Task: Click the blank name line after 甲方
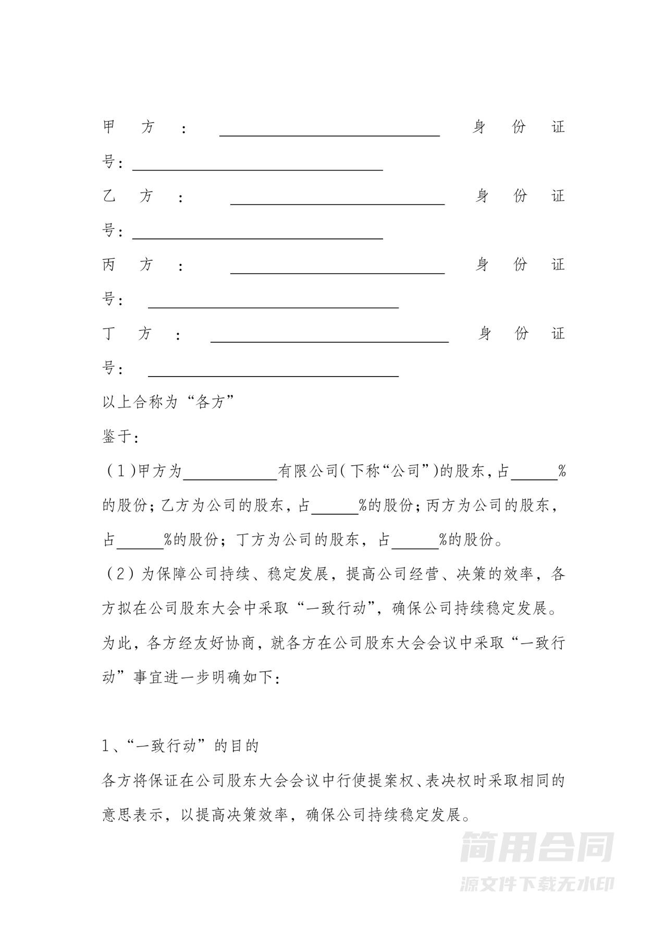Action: click(x=329, y=131)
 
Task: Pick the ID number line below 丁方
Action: click(x=273, y=372)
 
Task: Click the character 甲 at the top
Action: click(x=109, y=127)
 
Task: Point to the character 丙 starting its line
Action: click(x=109, y=265)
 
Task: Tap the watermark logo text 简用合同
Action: click(x=537, y=847)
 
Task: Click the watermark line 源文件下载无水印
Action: click(x=537, y=884)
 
